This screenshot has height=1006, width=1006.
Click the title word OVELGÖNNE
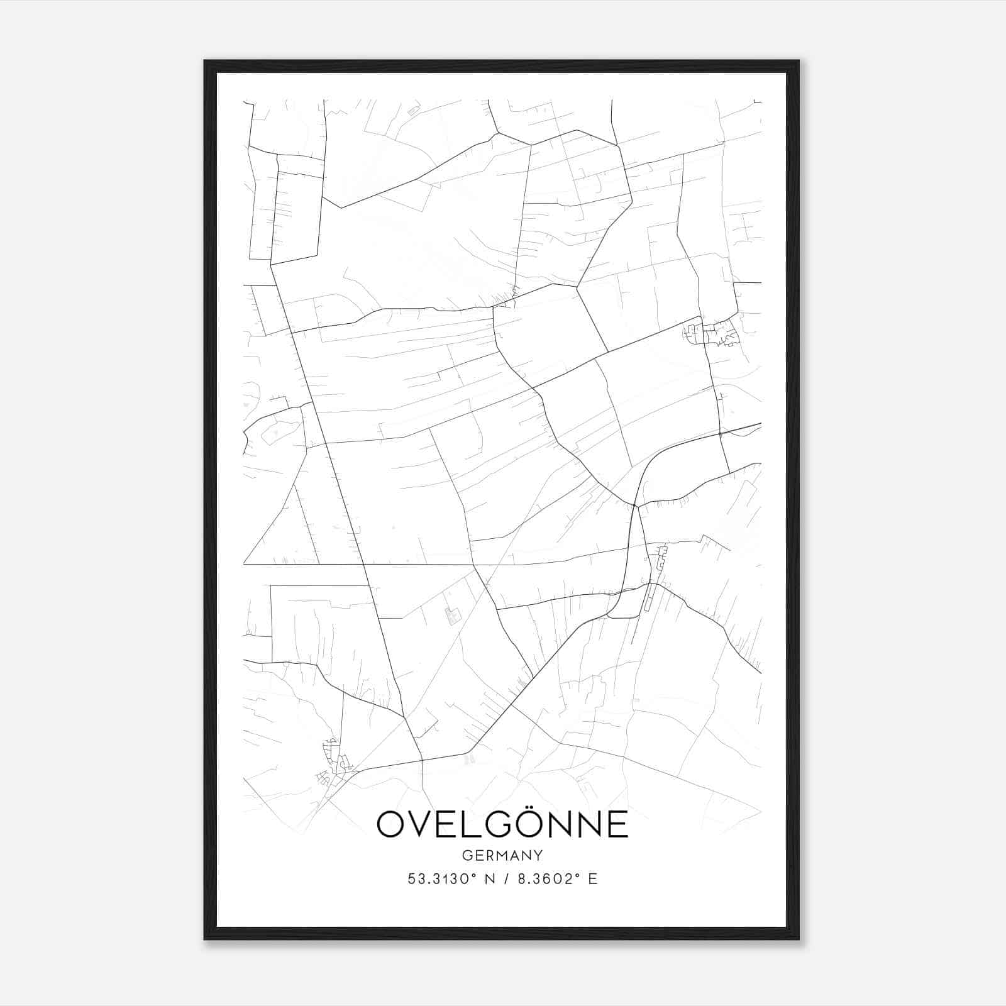(502, 824)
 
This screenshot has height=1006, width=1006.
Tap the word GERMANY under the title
(502, 856)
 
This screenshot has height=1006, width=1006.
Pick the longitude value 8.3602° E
(557, 879)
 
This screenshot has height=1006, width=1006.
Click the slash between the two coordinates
(503, 879)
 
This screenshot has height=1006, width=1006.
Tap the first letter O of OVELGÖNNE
(394, 824)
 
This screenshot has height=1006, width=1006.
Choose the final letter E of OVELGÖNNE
(616, 824)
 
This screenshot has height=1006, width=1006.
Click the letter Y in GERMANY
(538, 856)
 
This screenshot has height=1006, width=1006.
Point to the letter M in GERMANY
(503, 856)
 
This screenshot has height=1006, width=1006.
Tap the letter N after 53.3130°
(485, 879)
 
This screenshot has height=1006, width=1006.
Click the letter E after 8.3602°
(592, 879)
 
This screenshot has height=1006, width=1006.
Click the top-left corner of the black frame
(205, 62)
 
